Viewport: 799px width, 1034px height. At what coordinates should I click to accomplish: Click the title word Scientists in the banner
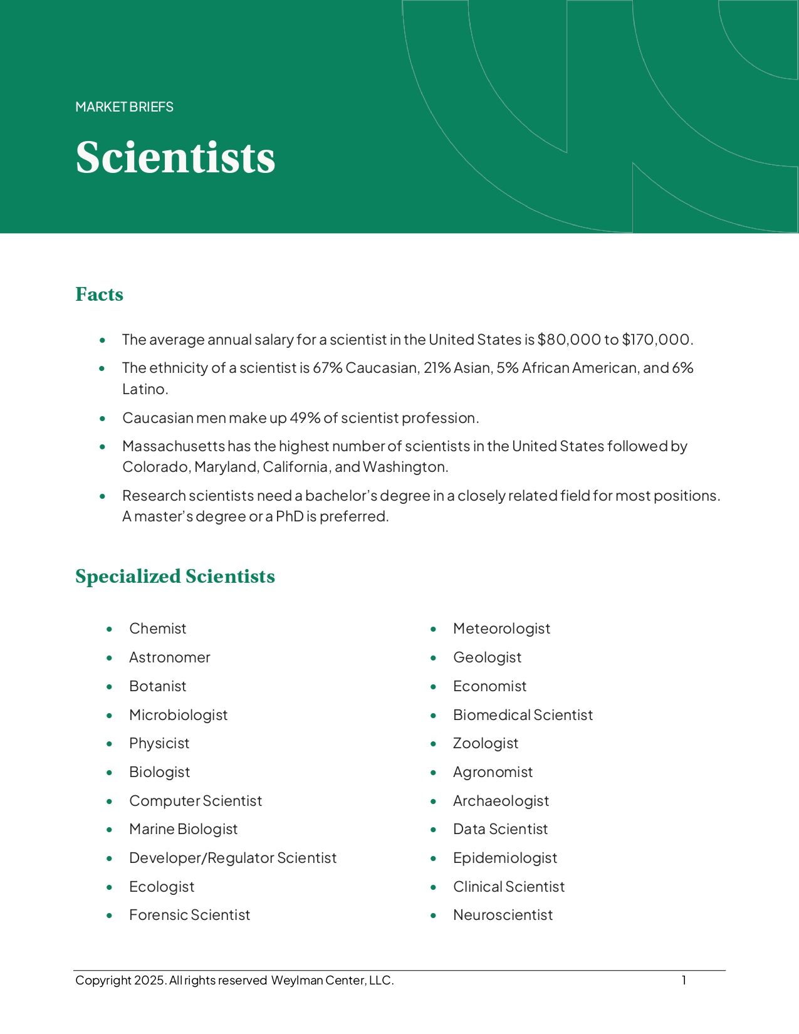[175, 157]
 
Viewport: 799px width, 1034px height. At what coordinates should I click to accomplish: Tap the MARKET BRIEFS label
[124, 107]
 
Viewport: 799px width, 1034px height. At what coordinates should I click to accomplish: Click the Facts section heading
[99, 294]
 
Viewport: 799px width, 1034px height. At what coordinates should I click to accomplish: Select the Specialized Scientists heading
[175, 577]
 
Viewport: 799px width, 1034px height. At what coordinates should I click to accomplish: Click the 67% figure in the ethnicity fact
[327, 368]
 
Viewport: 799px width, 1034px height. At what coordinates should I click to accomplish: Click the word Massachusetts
[173, 446]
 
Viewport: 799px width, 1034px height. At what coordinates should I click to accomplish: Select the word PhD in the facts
[290, 516]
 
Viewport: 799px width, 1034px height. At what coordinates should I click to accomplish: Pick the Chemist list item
[157, 629]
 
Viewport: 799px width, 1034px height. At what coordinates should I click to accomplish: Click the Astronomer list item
[169, 657]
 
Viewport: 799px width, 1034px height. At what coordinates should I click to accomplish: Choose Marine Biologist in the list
[183, 829]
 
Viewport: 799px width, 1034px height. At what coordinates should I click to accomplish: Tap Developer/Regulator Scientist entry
[232, 858]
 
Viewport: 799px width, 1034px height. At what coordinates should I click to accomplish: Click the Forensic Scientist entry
[189, 915]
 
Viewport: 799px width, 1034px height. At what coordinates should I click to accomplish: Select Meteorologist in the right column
[501, 629]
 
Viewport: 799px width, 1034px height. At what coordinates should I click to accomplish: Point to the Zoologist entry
[486, 743]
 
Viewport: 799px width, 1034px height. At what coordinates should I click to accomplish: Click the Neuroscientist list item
[503, 915]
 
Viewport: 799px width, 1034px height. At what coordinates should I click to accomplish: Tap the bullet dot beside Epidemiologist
[433, 859]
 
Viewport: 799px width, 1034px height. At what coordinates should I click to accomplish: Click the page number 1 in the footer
[684, 981]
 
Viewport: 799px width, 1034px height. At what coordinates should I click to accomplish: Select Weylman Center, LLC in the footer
[332, 981]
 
